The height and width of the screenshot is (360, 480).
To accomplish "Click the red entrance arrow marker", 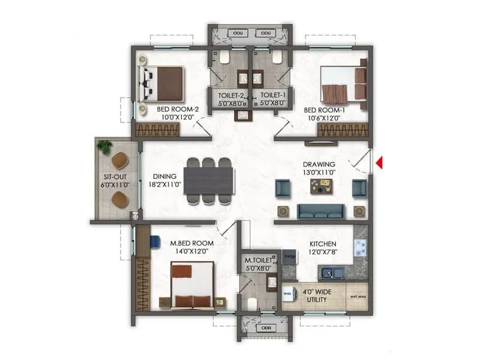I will point(379,162).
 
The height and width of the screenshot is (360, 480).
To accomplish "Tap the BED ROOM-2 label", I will point(178,109).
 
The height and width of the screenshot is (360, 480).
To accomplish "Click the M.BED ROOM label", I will point(192,243).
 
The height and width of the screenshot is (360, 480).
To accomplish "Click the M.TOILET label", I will point(258,260).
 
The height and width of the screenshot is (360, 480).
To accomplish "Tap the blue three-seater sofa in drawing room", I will point(321,211).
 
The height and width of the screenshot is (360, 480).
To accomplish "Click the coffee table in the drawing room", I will point(320,187).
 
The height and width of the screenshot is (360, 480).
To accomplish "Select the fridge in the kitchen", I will point(290,256).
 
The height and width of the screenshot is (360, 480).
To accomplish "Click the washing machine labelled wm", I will point(288,293).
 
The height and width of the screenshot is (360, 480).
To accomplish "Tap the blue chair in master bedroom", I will point(154,241).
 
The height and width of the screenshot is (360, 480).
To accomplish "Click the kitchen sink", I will point(331,274).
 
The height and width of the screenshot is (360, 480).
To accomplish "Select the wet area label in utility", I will point(358,295).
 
